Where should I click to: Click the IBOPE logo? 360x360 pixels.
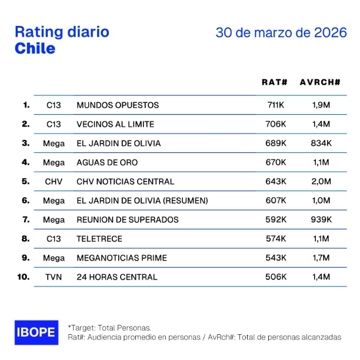[36, 332]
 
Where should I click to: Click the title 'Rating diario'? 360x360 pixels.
[62, 31]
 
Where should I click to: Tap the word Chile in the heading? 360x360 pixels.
[35, 48]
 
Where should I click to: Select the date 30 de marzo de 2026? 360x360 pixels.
[281, 32]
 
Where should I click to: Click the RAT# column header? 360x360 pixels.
[274, 82]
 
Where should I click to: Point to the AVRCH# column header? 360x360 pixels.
[320, 82]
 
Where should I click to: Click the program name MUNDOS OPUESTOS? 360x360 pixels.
[118, 105]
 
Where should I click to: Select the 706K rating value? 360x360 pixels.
[275, 124]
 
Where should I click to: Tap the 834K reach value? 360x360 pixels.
[321, 143]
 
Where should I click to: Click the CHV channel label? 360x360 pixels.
[54, 182]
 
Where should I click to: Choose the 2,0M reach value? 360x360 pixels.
[321, 182]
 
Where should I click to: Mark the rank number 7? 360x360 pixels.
[25, 219]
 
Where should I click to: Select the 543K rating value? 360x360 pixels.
[275, 258]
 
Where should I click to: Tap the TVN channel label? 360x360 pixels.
[54, 277]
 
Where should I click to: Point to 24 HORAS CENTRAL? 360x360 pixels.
[117, 277]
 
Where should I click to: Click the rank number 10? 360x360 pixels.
[24, 277]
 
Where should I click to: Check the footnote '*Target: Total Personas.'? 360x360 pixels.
[109, 326]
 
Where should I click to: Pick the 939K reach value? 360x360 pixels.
[321, 219]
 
